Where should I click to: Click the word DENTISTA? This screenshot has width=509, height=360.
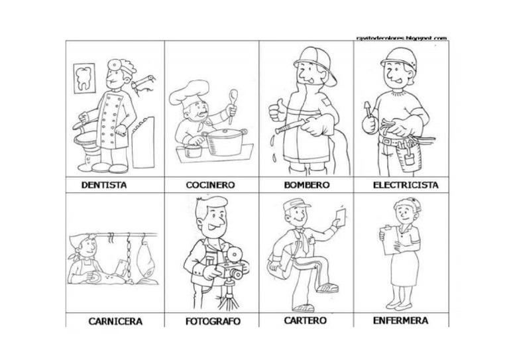(104, 186)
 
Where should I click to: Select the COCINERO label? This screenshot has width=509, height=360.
(210, 186)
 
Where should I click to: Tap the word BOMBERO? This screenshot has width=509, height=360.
(306, 186)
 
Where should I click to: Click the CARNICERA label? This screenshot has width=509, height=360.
(115, 322)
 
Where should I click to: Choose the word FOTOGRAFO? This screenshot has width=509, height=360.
(211, 322)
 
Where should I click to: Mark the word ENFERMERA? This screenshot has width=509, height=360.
(400, 320)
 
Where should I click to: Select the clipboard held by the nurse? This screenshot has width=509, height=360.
(388, 235)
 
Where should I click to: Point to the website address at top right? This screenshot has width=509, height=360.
(401, 38)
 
